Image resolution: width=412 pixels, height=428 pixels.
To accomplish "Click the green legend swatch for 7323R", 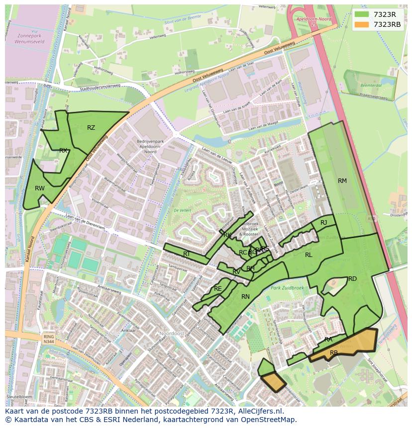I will click(362, 14).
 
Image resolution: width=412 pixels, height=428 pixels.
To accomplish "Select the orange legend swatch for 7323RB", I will click(362, 24).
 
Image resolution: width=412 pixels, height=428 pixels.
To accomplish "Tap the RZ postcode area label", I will click(91, 128).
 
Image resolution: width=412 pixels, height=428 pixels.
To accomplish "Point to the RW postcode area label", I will click(40, 188).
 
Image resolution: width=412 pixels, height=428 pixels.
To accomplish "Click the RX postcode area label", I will click(63, 150).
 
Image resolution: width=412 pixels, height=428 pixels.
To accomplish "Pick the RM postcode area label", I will click(342, 181).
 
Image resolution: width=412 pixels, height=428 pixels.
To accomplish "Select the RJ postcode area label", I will click(324, 223).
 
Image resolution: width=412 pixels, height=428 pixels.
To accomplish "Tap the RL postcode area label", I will click(309, 255).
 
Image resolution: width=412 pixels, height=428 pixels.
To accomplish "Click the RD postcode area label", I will click(352, 279).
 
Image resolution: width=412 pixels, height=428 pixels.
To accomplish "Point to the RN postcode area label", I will click(245, 297).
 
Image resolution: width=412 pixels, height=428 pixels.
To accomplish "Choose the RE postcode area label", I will click(217, 289).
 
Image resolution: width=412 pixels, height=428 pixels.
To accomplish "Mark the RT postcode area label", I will click(187, 254).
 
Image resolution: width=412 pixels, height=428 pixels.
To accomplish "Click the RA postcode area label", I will click(328, 340).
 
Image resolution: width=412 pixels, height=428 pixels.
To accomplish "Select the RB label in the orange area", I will click(334, 353).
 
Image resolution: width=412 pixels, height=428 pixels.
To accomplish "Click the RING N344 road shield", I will click(48, 339).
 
